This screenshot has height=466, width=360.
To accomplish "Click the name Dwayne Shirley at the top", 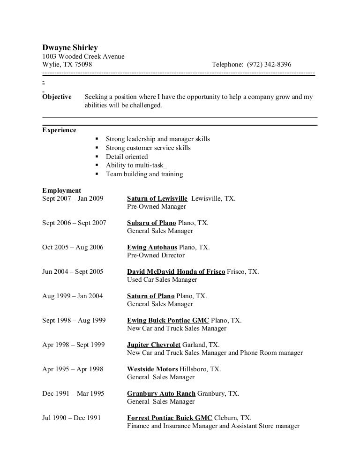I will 70,47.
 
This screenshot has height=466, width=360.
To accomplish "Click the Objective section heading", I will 57,97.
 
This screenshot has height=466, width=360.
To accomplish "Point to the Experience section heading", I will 59,130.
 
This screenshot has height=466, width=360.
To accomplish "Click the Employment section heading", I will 61,190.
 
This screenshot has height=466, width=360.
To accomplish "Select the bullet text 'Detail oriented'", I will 127,157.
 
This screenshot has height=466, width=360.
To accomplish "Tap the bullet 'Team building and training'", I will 144,174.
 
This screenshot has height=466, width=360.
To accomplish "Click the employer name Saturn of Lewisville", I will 157,198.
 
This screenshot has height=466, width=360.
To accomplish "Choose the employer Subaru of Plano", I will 151,223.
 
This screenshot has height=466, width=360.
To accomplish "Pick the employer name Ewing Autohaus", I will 152,247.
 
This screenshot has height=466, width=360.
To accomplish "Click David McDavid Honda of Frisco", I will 176,271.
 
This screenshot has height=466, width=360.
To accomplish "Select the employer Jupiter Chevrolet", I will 153,345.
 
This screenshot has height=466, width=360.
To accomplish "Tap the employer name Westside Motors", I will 152,369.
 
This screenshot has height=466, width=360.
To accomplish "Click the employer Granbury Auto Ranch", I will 161,393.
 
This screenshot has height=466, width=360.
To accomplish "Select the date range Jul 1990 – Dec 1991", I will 71,418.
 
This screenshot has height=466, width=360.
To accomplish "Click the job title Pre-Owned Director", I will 156,256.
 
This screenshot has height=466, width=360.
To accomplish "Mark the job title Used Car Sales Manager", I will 162,280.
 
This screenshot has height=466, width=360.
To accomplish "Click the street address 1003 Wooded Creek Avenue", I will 83,56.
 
